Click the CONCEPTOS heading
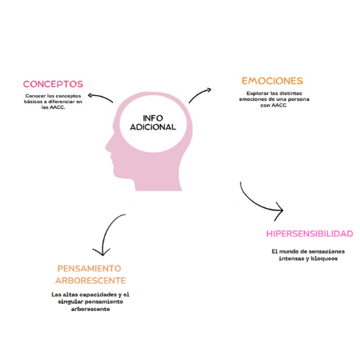(x=53, y=84)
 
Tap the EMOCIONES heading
(x=272, y=81)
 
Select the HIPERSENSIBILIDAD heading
(x=310, y=234)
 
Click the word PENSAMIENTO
(x=89, y=269)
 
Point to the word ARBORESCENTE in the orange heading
(x=91, y=281)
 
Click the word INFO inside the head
(x=153, y=118)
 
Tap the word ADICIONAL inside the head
(x=153, y=127)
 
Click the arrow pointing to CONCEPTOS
(x=99, y=97)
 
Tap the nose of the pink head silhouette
(x=107, y=147)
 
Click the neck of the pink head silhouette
(x=158, y=182)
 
